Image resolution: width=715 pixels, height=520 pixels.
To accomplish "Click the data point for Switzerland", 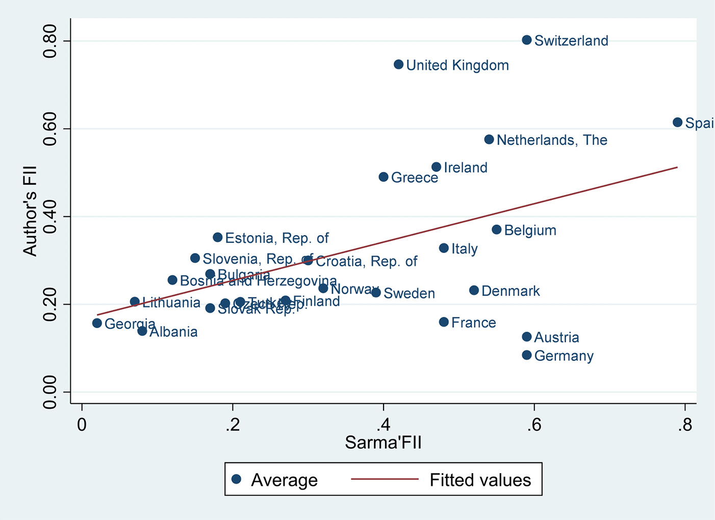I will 527,40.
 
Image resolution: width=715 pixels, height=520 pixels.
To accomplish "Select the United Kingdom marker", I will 399,65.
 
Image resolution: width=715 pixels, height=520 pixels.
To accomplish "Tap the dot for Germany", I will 527,355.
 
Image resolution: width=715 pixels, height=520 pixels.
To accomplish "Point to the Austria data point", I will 527,337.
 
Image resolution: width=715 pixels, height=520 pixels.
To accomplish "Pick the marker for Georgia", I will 97,323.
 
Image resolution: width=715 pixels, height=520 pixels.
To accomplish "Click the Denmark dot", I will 474,290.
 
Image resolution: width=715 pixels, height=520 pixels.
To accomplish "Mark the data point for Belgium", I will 497,230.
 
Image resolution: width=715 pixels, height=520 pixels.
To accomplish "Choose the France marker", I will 444,322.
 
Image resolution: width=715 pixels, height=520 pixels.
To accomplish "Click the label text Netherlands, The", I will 552,140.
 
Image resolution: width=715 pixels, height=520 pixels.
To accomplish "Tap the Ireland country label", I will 466,168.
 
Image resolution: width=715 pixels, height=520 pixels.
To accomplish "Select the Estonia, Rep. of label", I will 277,238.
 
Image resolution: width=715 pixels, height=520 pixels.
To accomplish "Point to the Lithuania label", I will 171,303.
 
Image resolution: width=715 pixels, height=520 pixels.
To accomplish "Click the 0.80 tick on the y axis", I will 50,41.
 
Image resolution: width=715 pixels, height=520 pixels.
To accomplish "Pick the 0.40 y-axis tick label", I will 50,216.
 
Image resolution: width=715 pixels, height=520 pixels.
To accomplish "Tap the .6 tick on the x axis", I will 533,425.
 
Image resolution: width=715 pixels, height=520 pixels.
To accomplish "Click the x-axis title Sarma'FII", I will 383,442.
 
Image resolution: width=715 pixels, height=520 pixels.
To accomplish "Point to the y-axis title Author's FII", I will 30,211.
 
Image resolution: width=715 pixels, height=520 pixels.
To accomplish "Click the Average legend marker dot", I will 236,479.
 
